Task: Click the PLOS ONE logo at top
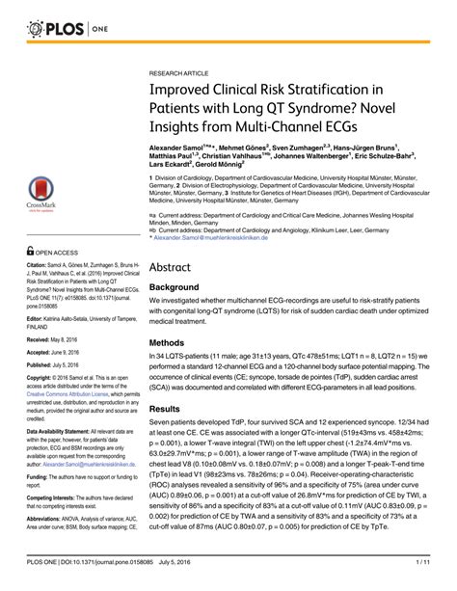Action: pyautogui.click(x=63, y=30)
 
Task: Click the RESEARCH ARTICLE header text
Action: pyautogui.click(x=181, y=73)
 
